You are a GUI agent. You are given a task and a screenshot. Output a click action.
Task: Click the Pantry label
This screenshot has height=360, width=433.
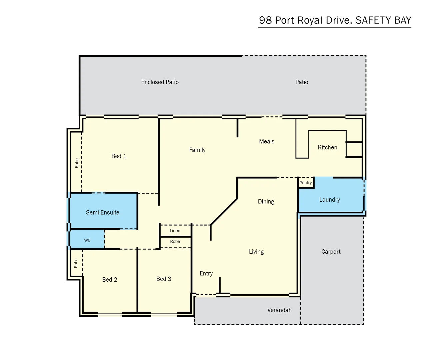pos(305,183)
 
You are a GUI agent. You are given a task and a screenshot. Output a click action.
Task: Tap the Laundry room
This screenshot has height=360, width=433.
pos(329,199)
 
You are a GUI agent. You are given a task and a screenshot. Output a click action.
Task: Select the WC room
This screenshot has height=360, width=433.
pos(87,240)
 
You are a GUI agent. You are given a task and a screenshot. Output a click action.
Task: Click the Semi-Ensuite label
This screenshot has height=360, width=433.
pos(102,212)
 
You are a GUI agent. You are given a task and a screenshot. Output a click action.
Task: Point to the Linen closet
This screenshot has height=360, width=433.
pos(175,231)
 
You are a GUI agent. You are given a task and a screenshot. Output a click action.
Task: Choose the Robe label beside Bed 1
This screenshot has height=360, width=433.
pos(77,163)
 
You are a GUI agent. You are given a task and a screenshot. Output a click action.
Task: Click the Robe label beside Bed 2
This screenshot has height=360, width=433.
pos(76,263)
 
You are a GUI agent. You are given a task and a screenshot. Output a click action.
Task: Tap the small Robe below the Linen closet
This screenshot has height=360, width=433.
pos(175,242)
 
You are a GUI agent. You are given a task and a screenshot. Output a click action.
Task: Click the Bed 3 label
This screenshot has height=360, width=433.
pos(164,279)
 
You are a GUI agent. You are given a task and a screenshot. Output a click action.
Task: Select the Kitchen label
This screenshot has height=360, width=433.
pos(327,147)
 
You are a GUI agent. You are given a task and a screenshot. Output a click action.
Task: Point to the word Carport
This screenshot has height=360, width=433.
pos(331,252)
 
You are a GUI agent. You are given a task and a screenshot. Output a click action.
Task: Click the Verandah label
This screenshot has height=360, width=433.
pos(279,310)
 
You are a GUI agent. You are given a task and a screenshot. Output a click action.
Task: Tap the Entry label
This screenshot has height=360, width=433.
pos(206,273)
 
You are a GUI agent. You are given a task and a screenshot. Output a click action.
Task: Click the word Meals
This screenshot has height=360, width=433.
pos(267,141)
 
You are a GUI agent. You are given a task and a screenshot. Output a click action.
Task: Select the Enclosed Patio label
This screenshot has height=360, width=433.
pos(160,82)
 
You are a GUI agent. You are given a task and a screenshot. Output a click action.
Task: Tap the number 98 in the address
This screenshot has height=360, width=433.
pos(265,20)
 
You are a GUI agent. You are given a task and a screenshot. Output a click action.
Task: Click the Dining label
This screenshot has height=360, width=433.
pos(266,201)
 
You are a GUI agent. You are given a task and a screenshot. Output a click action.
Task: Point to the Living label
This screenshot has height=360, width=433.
pos(256,252)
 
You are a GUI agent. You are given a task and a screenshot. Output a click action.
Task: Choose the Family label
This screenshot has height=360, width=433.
pos(197,150)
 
